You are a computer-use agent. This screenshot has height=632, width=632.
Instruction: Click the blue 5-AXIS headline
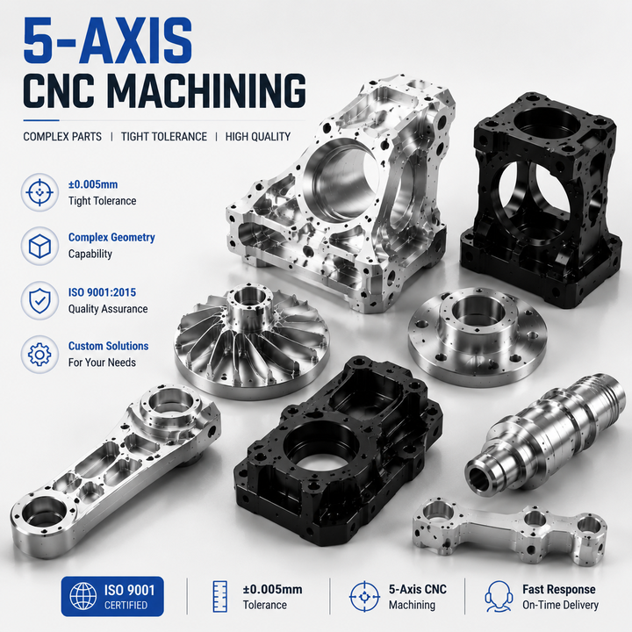pyautogui.click(x=108, y=41)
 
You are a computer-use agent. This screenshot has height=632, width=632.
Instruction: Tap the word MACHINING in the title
pyautogui.click(x=206, y=90)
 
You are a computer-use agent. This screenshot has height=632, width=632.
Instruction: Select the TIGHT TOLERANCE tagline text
pyautogui.click(x=164, y=137)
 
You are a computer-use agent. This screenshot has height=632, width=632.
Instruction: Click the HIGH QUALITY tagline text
pyautogui.click(x=258, y=137)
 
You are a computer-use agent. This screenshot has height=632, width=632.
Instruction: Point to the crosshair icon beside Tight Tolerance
pyautogui.click(x=39, y=192)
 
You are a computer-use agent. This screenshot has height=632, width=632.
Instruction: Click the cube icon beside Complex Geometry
pyautogui.click(x=39, y=246)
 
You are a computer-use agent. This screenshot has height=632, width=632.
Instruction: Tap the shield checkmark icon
pyautogui.click(x=39, y=300)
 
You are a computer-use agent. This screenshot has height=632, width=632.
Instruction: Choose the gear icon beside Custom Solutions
pyautogui.click(x=39, y=355)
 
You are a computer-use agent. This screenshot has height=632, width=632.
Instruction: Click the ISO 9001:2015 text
pyautogui.click(x=102, y=292)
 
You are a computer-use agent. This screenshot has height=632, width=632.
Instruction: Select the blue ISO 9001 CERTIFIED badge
pyautogui.click(x=112, y=596)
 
